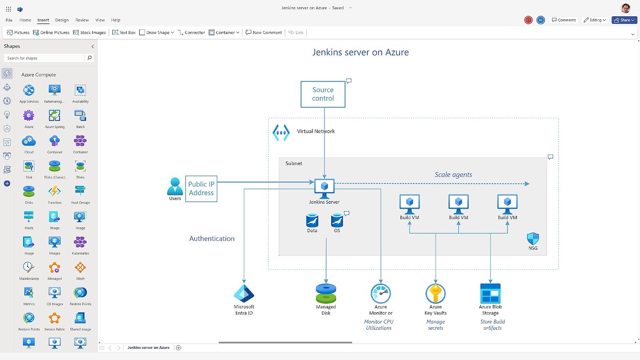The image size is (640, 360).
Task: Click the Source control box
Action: click(323, 94)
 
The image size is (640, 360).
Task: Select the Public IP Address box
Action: click(201, 189)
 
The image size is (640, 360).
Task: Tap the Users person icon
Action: click(175, 186)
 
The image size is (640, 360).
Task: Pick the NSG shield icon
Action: click(533, 239)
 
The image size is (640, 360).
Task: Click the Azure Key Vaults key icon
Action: click(435, 294)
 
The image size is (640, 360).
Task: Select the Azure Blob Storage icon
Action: click(490, 294)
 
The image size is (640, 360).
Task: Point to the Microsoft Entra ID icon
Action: click(244, 294)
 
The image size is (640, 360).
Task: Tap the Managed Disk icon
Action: click(326, 294)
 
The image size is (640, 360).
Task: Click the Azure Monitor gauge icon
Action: click(380, 294)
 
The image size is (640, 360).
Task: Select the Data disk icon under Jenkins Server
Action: click(312, 221)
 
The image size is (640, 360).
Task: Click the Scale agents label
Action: click(453, 175)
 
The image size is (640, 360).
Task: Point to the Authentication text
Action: click(212, 239)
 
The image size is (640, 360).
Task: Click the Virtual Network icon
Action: click(281, 132)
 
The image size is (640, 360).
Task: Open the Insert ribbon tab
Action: click(43, 20)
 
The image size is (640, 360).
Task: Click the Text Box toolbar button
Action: click(124, 32)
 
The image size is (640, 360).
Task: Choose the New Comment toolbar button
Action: click(264, 32)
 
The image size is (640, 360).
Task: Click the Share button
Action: click(624, 20)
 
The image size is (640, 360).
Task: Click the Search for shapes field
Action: click(45, 58)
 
